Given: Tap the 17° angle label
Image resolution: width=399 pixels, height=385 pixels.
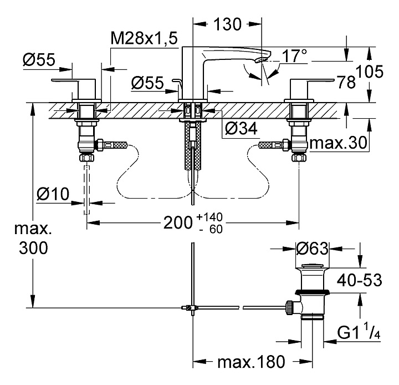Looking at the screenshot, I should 294,56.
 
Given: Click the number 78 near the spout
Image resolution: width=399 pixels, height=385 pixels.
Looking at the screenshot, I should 346,82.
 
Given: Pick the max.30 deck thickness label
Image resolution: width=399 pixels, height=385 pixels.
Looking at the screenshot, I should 338,144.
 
